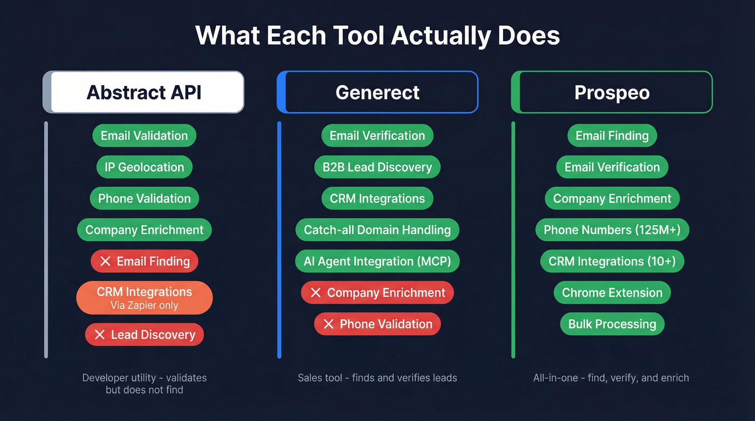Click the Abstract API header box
coord(144,92)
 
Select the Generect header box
coord(377,92)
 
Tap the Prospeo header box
coord(612,92)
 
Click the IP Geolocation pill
coord(145,167)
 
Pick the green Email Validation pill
coord(145,136)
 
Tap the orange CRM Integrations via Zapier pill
coord(145,298)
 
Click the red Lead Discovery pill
coord(145,335)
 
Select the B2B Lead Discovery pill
coord(377,167)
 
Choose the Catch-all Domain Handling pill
coord(377,230)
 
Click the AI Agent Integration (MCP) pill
coord(377,261)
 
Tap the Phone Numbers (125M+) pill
coord(612,230)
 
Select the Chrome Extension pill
coord(612,293)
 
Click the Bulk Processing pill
coord(612,324)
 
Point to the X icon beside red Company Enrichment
coord(316,293)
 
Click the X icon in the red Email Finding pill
coord(106,261)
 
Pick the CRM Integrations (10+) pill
coord(612,261)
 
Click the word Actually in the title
coord(441,36)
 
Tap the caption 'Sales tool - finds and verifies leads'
coord(377,378)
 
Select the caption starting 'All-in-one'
coord(611,378)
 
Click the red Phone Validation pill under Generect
coord(377,324)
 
